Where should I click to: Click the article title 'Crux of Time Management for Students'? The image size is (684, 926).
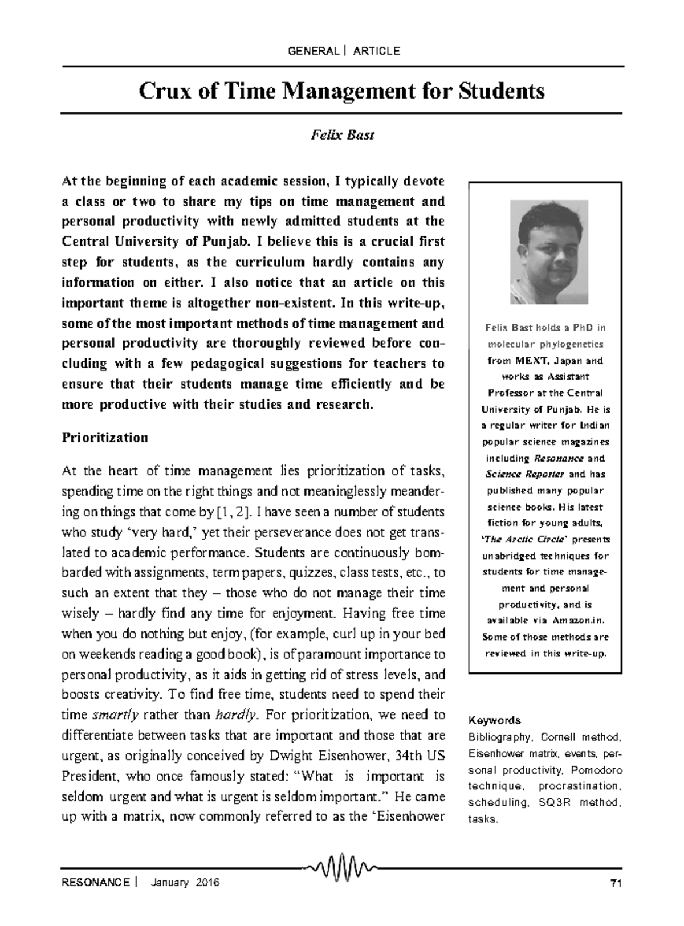[342, 91]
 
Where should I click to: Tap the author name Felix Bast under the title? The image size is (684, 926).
[342, 136]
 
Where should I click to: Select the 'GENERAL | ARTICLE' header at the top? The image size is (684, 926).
[344, 51]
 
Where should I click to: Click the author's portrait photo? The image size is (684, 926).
[549, 252]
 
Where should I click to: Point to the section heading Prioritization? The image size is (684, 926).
[104, 438]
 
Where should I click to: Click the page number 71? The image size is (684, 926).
[615, 884]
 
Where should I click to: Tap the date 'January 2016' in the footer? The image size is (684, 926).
[185, 883]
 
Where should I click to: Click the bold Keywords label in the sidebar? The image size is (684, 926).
[494, 720]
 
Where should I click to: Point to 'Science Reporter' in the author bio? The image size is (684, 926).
[525, 474]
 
